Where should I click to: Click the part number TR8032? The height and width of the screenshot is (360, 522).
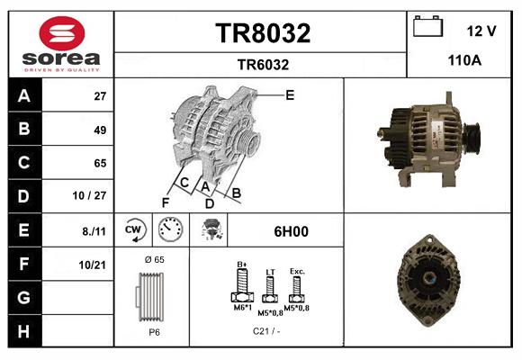[263, 34]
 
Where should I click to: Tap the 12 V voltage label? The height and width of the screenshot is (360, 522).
[481, 31]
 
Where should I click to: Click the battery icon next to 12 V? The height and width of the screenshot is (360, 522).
[426, 27]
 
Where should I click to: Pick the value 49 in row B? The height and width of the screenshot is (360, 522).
[100, 130]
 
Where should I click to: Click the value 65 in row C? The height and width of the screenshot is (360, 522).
[100, 163]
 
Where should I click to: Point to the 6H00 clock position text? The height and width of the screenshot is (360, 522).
[291, 231]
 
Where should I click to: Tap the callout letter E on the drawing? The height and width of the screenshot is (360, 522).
[290, 94]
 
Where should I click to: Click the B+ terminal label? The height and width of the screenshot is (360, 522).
[241, 264]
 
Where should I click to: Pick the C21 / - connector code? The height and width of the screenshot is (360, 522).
[265, 331]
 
